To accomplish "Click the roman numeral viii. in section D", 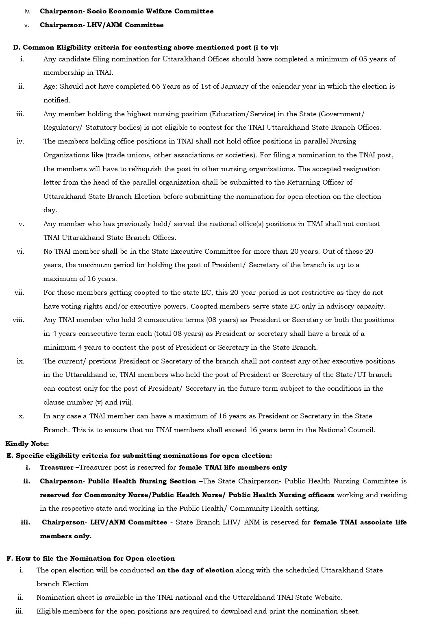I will [18, 320].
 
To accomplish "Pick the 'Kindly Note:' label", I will [27, 444].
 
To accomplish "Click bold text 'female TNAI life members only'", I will [233, 468].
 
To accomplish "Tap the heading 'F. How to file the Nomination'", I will [91, 559].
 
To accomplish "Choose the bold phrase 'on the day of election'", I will [195, 570].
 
